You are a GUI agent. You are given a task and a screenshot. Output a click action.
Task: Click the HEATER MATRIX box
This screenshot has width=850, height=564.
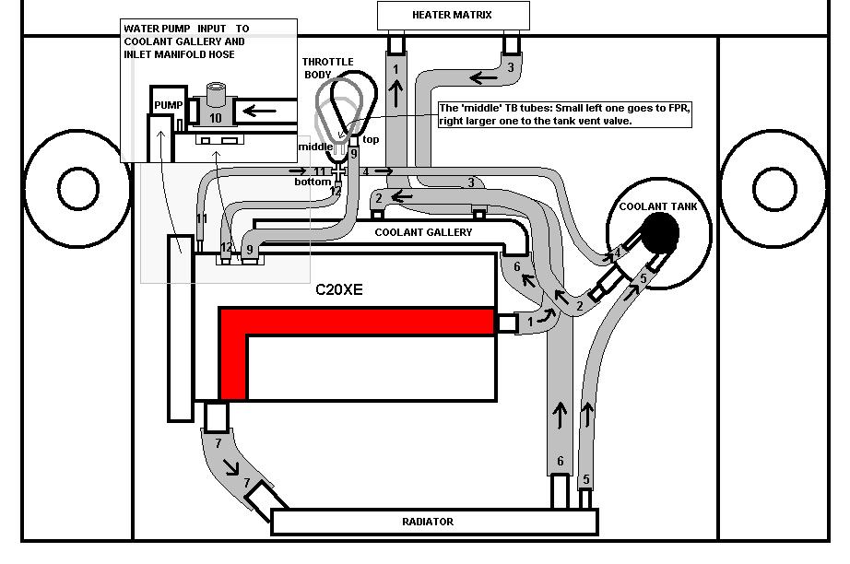(x=454, y=15)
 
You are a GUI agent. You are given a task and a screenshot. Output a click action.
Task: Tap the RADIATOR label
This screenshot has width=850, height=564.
(x=428, y=522)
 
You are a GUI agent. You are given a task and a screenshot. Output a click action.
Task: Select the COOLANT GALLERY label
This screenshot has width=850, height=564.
(x=423, y=232)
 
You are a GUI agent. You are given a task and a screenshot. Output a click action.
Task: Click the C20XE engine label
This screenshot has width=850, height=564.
(x=339, y=289)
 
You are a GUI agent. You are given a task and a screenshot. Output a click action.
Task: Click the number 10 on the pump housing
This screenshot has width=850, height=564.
(x=215, y=119)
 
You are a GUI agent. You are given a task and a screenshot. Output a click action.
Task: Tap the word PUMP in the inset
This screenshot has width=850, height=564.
(x=168, y=105)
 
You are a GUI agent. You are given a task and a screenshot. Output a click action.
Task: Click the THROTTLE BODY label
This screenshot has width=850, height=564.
(x=327, y=68)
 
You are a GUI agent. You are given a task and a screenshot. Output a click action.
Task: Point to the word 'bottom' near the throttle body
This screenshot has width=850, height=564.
(x=313, y=182)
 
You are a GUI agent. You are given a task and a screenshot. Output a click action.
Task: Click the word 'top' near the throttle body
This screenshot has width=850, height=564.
(x=371, y=139)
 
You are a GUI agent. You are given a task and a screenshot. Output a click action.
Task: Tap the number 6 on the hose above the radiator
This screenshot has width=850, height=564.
(x=559, y=462)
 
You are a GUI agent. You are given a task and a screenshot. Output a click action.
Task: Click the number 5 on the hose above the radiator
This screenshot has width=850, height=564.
(x=585, y=480)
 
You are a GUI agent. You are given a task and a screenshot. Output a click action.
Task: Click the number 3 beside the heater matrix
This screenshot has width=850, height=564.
(x=510, y=67)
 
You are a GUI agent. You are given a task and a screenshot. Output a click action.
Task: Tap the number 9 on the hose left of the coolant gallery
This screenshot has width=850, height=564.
(x=248, y=249)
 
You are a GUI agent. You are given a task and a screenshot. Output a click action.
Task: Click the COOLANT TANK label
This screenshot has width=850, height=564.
(x=658, y=206)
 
